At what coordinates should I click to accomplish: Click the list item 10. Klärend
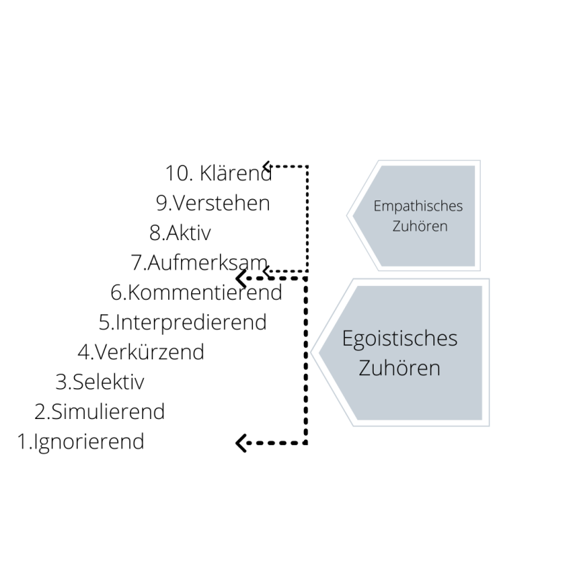(218, 173)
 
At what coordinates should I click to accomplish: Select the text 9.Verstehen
(213, 203)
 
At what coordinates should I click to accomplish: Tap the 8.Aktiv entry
(180, 233)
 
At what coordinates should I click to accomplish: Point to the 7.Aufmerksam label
(199, 263)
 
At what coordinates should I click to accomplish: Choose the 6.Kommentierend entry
(196, 293)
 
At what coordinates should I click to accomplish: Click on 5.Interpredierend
(183, 322)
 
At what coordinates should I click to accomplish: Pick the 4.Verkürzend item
(141, 352)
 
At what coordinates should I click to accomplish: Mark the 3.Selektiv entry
(100, 382)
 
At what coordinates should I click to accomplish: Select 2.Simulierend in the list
(99, 412)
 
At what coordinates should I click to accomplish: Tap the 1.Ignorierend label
(80, 441)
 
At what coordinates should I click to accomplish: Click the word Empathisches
(418, 206)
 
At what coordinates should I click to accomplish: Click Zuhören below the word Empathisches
(418, 226)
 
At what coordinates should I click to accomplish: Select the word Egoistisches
(400, 339)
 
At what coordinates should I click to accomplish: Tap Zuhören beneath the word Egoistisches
(400, 368)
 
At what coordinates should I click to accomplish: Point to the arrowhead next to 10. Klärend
(266, 166)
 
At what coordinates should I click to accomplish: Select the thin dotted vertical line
(308, 216)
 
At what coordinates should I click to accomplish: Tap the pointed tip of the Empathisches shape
(349, 214)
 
